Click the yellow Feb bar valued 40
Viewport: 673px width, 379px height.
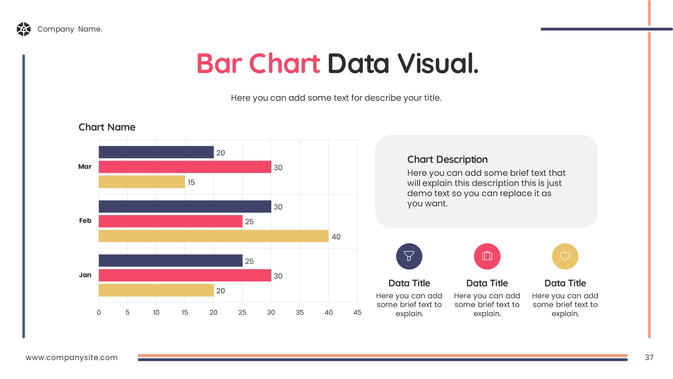click(x=213, y=236)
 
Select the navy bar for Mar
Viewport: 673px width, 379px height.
click(x=156, y=152)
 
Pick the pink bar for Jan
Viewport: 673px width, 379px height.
click(x=185, y=275)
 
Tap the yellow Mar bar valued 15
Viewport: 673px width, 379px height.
click(x=142, y=182)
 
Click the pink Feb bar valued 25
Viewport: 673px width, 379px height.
click(x=170, y=221)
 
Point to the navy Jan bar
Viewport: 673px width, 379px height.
click(x=170, y=261)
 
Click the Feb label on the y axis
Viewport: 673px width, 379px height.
click(x=85, y=221)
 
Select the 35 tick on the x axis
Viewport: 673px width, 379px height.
click(x=300, y=313)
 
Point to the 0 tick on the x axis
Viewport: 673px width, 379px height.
click(x=99, y=313)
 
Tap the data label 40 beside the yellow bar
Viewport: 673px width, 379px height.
click(x=336, y=237)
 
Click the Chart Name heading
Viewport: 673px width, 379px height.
click(x=107, y=127)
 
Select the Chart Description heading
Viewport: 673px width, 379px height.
click(x=447, y=160)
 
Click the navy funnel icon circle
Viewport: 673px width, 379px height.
click(x=409, y=256)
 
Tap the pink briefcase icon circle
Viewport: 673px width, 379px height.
click(x=487, y=256)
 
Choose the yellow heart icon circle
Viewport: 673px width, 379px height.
click(x=565, y=256)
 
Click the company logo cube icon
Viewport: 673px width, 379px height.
click(x=23, y=29)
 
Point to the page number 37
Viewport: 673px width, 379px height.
click(x=649, y=358)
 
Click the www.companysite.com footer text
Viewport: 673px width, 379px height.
click(x=72, y=358)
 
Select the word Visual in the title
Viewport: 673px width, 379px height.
click(x=438, y=64)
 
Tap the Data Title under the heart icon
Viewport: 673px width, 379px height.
click(x=565, y=283)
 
